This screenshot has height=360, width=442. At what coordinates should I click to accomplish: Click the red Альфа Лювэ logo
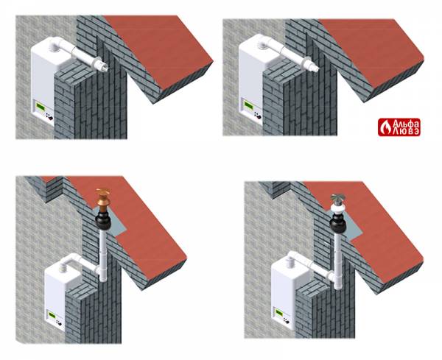click(399, 127)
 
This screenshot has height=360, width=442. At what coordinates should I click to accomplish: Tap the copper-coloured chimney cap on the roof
click(102, 199)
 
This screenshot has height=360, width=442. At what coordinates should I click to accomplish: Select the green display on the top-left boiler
click(41, 107)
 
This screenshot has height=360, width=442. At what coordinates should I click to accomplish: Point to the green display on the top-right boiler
click(249, 105)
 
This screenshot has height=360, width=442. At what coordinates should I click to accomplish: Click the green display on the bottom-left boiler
click(52, 314)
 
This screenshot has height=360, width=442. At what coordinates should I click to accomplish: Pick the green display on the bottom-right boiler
click(279, 313)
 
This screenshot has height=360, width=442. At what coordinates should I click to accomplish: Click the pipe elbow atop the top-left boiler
click(57, 43)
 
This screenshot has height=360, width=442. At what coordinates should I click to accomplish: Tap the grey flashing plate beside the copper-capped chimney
click(116, 222)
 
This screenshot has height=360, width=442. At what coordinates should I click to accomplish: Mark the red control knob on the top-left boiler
click(50, 118)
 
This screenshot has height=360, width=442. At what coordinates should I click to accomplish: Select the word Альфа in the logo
click(406, 124)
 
